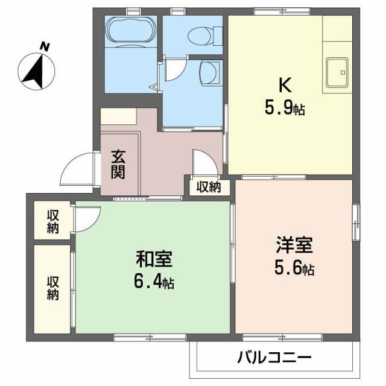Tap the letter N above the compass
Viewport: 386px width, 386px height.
tap(44, 46)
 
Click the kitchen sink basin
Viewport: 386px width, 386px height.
tap(338, 72)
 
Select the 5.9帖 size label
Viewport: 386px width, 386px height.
tap(284, 109)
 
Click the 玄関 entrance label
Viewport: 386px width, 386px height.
tap(118, 163)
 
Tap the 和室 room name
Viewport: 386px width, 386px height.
tap(154, 261)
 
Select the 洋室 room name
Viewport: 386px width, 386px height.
tap(294, 247)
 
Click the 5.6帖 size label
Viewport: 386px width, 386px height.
tap(294, 268)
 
